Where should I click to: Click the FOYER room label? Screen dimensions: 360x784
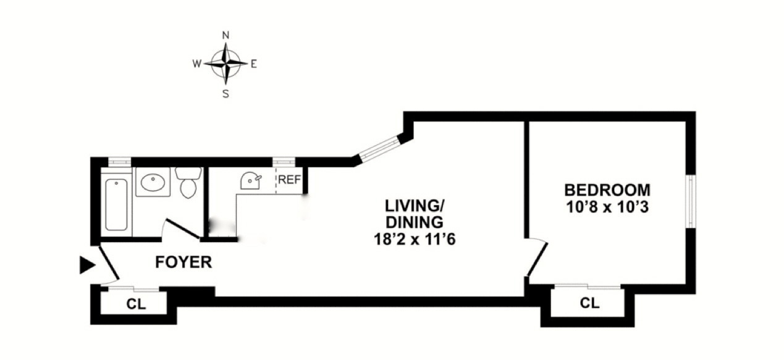[x=183, y=262]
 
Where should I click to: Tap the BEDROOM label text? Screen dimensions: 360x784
[x=607, y=190]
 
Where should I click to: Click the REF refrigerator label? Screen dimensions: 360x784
[x=289, y=180]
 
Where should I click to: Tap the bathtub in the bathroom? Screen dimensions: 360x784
[x=116, y=204]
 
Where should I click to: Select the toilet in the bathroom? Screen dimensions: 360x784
[x=188, y=183]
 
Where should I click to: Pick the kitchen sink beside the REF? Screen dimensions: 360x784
[x=251, y=181]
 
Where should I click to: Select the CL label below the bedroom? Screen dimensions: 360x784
[x=590, y=303]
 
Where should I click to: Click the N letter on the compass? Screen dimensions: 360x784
[x=226, y=35]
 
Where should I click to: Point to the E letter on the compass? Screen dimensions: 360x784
[x=254, y=64]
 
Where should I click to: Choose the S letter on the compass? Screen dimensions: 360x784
[x=226, y=94]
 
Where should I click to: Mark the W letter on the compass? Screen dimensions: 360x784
[x=196, y=64]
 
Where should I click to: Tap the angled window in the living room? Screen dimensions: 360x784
[x=379, y=150]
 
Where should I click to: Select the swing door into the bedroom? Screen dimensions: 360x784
[x=536, y=258]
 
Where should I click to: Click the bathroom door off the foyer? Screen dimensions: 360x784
[x=182, y=229]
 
